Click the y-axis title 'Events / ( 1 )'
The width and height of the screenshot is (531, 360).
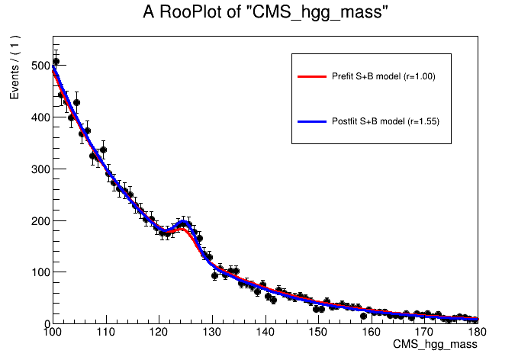14,68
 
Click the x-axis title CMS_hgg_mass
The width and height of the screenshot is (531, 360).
435,346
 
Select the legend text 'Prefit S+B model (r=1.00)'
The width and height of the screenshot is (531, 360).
383,77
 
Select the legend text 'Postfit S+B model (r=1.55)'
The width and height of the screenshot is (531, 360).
385,121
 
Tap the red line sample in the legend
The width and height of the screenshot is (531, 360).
311,77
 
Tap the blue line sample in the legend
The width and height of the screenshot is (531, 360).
311,121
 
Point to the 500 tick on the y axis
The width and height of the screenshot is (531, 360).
38,66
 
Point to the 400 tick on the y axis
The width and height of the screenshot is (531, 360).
38,117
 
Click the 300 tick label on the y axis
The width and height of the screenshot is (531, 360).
38,169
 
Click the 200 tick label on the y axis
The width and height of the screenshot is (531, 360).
38,221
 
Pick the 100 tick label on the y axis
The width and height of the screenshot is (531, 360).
38,272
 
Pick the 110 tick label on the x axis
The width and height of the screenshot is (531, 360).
105,333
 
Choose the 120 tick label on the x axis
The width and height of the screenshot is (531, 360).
159,333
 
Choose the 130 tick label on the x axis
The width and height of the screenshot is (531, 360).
212,333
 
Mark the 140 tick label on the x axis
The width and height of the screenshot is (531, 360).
265,333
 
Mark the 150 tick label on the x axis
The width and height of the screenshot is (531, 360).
319,333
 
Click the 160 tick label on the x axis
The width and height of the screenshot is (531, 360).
372,333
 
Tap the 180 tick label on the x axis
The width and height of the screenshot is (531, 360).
478,333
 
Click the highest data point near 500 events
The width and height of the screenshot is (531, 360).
56,62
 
